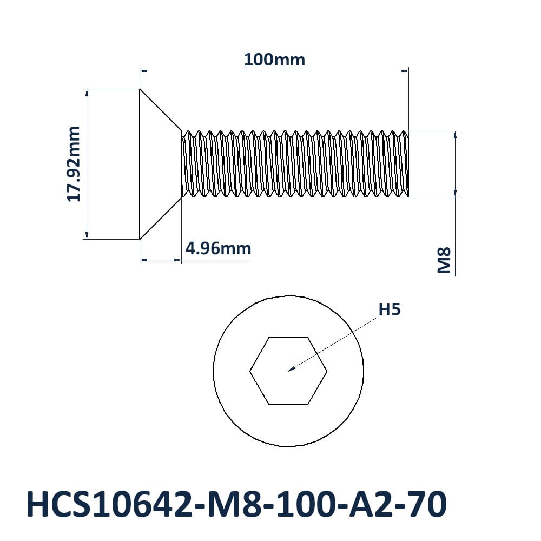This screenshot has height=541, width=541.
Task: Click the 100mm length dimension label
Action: tap(274, 60)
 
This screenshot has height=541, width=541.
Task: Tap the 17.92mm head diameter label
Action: tap(73, 164)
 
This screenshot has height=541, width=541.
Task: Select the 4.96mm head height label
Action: tap(218, 248)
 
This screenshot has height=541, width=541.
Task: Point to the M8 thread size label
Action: tap(444, 260)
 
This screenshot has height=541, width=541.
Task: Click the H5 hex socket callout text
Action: tap(390, 309)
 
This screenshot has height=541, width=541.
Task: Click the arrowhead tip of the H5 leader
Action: tap(288, 371)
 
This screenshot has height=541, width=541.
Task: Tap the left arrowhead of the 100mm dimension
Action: tap(141, 71)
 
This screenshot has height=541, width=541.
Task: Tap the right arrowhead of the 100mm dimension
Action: tap(408, 71)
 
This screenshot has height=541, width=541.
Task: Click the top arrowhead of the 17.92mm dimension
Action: tap(87, 90)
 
